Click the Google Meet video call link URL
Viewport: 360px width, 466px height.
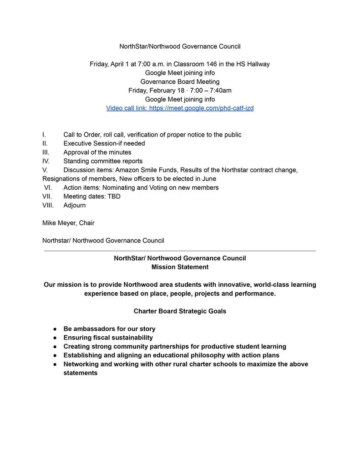201,108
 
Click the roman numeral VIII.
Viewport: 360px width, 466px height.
48,205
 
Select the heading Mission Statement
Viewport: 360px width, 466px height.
180,267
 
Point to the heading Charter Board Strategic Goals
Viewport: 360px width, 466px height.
180,311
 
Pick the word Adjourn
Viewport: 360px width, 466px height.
75,205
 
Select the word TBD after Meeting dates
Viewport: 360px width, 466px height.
114,197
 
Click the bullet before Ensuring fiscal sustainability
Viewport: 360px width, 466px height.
55,338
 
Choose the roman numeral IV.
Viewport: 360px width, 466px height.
46,161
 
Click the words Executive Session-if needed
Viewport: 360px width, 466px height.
104,143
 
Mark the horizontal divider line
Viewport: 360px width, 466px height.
180,251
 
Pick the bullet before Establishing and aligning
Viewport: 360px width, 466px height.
55,355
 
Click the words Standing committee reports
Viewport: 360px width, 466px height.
103,161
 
